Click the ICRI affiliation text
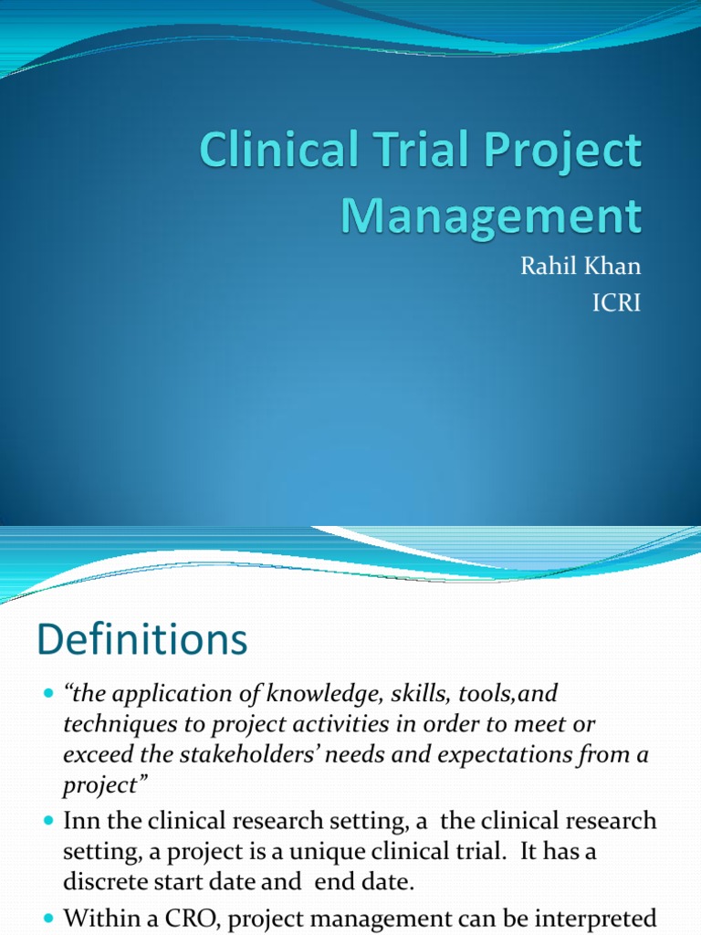pos(617,302)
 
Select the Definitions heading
pos(141,640)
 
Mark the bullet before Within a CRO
pos(48,916)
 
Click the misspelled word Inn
pos(81,820)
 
